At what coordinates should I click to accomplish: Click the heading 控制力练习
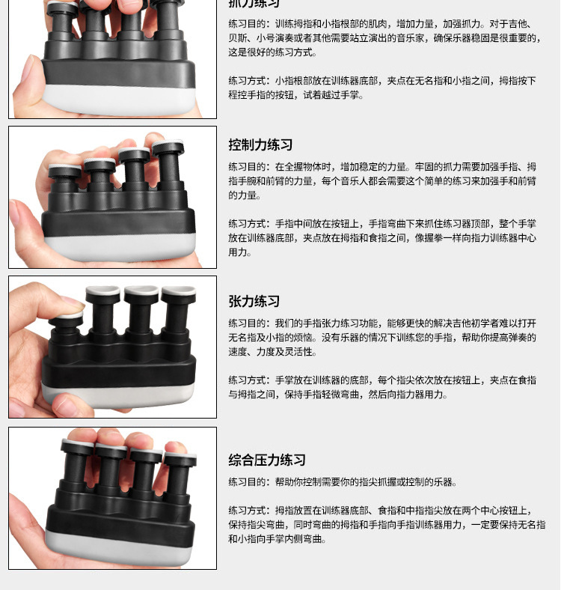coord(260,145)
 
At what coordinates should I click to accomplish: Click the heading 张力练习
coord(254,302)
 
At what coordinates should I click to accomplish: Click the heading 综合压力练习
coord(267,460)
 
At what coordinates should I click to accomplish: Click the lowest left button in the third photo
coord(67,322)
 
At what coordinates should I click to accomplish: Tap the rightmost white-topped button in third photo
coord(179,291)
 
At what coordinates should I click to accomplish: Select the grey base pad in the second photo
coord(120,246)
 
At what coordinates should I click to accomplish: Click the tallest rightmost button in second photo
coord(168,148)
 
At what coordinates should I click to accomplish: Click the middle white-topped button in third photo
coord(141,291)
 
